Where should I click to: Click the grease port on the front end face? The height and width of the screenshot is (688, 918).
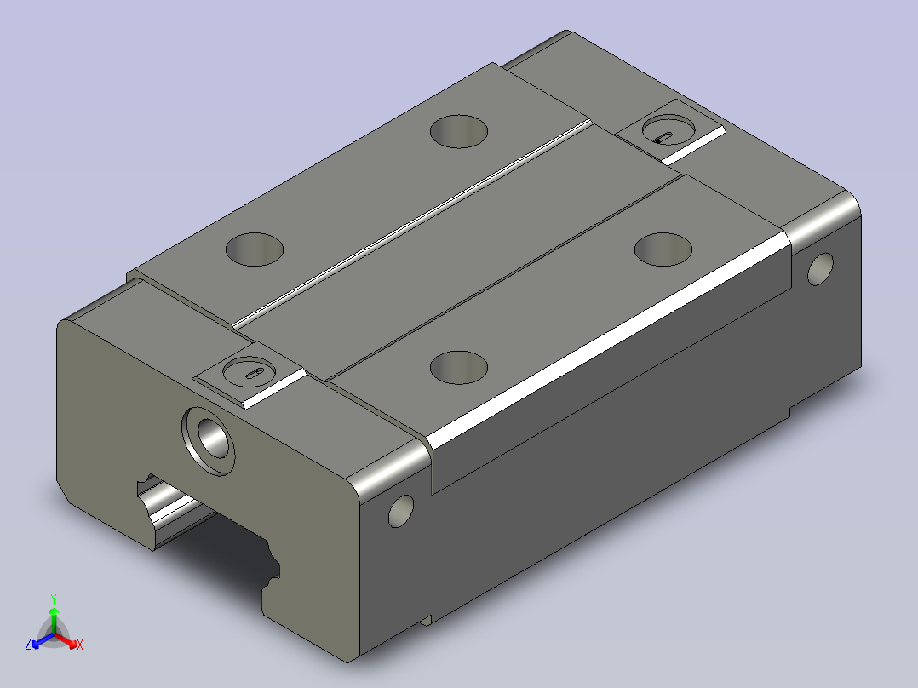(209, 440)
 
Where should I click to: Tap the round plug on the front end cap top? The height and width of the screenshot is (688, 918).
(250, 372)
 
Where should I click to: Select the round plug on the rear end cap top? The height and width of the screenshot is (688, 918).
(669, 129)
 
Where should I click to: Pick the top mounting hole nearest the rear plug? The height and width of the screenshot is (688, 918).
(663, 249)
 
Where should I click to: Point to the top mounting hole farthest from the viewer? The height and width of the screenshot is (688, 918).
(458, 132)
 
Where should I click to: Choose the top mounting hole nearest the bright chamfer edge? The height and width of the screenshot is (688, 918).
(458, 368)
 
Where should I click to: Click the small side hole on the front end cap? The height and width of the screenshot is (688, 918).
(401, 511)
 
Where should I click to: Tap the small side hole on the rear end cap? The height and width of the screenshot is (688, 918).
(820, 269)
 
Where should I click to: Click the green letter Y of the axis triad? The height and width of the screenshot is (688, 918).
(54, 599)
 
